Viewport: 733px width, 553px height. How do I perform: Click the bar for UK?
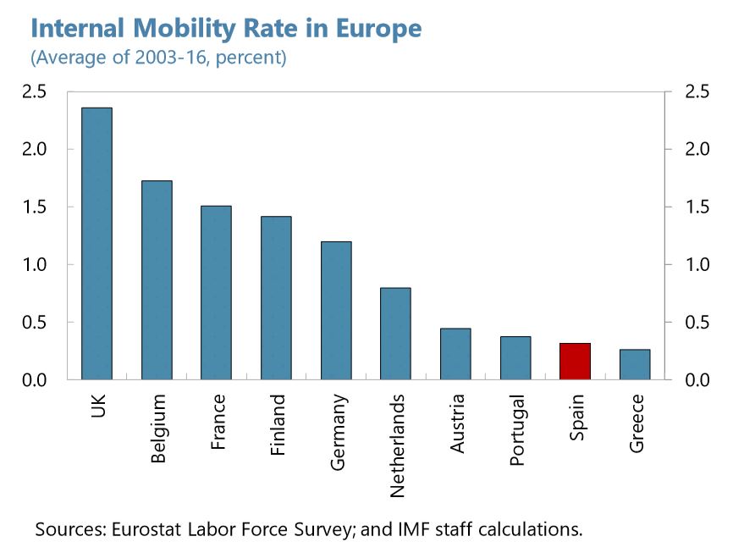(x=96, y=244)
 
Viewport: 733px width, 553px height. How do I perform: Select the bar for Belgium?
(x=157, y=280)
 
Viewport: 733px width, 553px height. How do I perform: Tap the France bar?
(x=216, y=293)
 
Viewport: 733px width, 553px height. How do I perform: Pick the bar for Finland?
(x=276, y=298)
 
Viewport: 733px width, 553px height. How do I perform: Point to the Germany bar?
(x=336, y=311)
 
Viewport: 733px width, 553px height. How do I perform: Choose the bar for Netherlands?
(x=395, y=334)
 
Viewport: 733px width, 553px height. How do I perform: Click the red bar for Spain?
(x=575, y=362)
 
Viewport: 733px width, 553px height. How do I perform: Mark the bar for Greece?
(x=635, y=365)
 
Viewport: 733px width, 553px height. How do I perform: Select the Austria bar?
(x=455, y=354)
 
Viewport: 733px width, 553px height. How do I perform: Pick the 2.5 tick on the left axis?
(x=36, y=92)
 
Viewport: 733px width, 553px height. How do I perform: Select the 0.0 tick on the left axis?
(x=36, y=380)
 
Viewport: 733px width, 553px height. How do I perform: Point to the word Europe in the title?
(x=380, y=30)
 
